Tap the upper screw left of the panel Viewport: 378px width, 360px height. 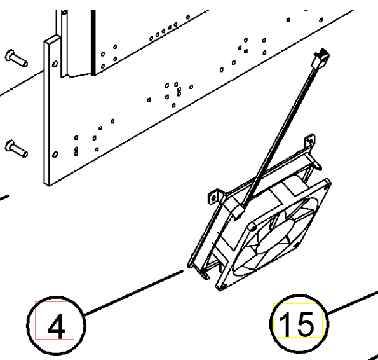click(17, 58)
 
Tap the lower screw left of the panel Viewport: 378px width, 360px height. click(17, 149)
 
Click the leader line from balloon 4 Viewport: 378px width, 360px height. click(134, 293)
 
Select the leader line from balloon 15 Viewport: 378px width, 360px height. click(353, 303)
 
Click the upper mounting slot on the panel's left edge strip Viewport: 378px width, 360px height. click(55, 64)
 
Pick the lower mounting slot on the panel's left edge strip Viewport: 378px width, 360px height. click(55, 154)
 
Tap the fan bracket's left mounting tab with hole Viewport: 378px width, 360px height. click(214, 197)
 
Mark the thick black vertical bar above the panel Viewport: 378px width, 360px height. click(93, 42)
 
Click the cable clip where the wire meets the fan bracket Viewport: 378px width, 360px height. click(236, 209)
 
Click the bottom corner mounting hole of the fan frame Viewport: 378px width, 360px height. click(221, 287)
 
